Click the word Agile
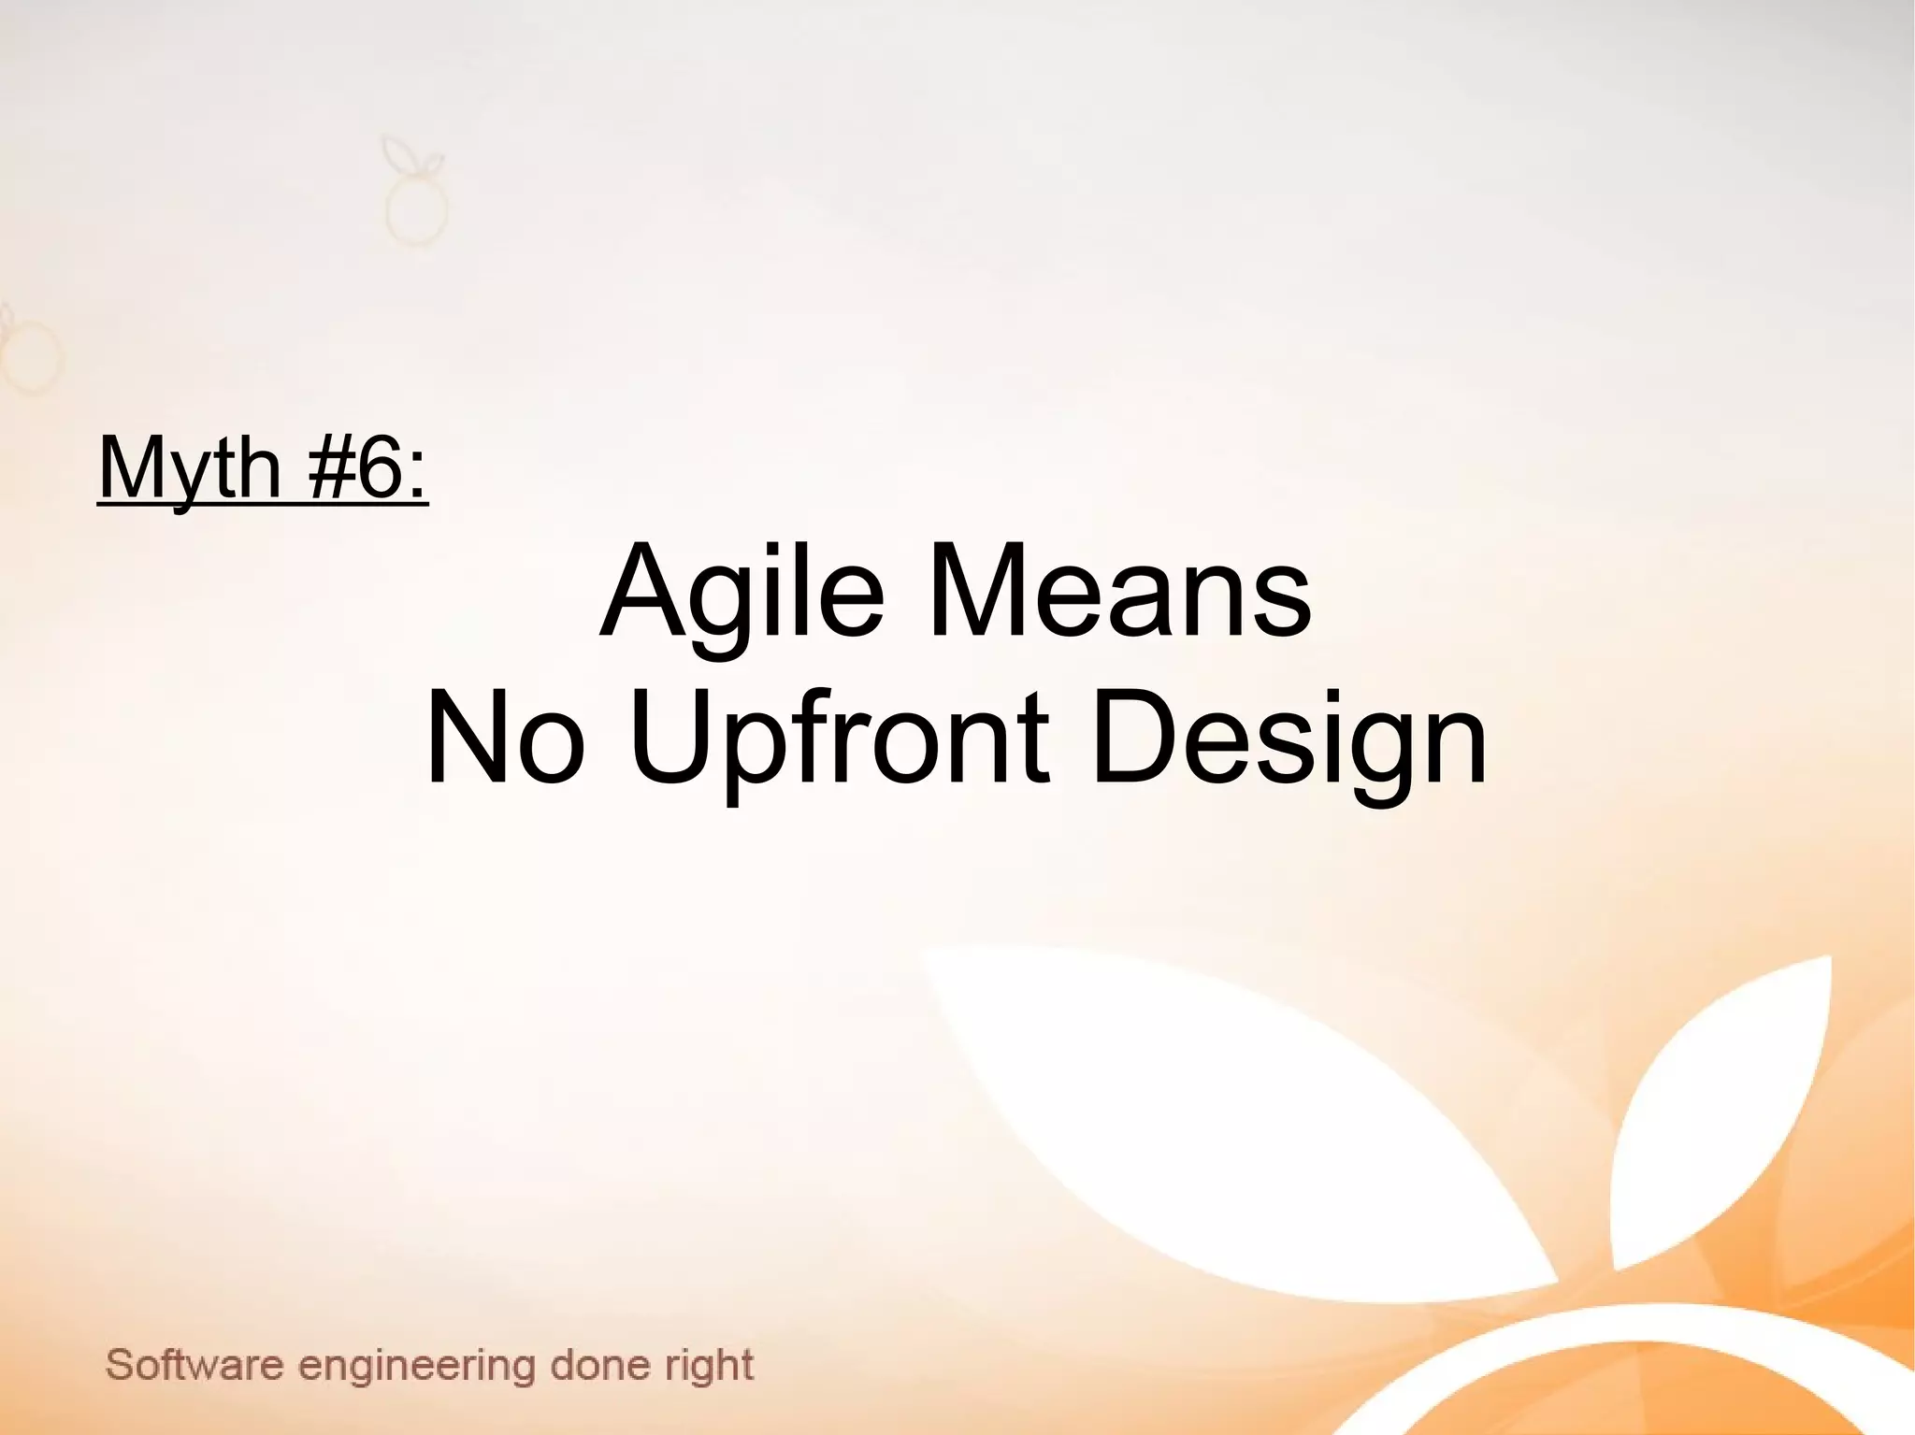[742, 592]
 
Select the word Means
[1119, 592]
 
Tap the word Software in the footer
[194, 1366]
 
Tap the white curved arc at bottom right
[1590, 1346]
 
